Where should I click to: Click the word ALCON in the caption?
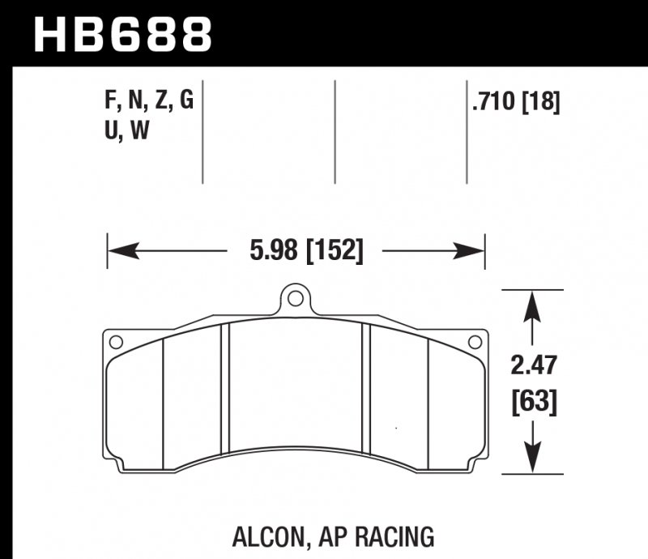point(262,536)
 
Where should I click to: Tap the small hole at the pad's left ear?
point(116,341)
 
